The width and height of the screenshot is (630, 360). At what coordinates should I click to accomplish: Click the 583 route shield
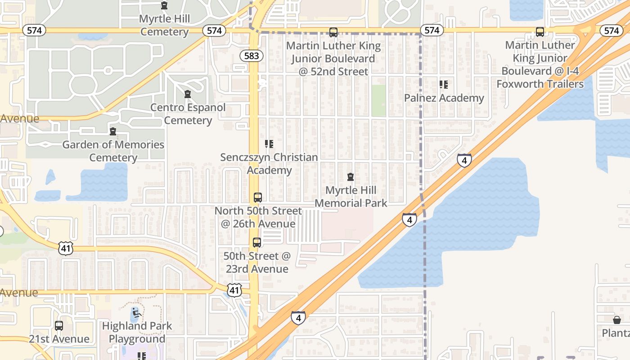251,56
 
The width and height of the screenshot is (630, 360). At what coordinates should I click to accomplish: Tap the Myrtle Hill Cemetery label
164,25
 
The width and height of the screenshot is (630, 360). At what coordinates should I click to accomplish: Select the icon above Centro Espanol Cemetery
188,94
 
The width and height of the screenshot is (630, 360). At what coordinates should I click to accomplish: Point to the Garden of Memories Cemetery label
113,151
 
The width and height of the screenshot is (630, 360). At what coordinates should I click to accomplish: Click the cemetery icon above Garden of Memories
113,131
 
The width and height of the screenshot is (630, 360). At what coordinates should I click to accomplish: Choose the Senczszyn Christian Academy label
269,164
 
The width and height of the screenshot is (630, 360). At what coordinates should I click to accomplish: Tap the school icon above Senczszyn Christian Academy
269,144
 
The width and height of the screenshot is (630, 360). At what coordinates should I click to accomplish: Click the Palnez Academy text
444,98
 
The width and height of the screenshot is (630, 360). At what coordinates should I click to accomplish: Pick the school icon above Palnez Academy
444,85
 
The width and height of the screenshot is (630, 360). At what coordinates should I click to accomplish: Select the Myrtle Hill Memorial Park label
351,197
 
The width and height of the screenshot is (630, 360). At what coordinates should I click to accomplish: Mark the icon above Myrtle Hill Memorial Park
351,177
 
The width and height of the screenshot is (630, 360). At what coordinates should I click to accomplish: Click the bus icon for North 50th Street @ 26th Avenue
258,197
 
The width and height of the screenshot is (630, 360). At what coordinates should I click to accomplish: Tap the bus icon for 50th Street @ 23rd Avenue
257,243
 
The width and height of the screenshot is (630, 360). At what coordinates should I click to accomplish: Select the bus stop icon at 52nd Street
333,32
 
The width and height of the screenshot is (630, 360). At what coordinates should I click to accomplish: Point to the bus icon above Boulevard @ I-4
540,32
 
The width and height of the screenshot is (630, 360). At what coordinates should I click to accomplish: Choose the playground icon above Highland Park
136,312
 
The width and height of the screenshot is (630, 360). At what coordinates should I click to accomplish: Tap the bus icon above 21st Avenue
59,326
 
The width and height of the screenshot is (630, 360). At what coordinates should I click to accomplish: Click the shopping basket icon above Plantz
617,320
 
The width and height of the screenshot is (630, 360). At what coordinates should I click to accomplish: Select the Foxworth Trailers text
540,84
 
